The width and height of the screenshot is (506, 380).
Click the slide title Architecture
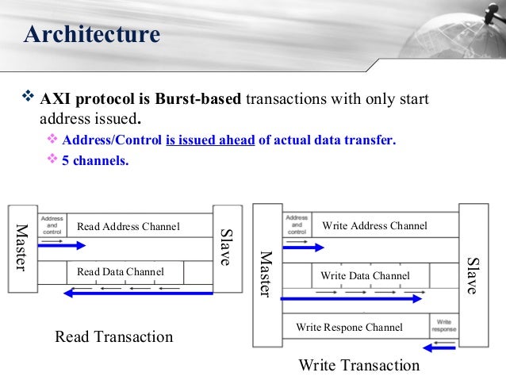pos(92,35)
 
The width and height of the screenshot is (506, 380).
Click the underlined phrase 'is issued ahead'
pos(209,140)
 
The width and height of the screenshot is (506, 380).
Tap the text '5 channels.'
pos(95,159)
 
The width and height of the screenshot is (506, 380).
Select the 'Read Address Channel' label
pos(128,228)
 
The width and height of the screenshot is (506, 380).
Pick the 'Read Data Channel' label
pos(120,272)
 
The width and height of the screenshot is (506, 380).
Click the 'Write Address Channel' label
pos(374,226)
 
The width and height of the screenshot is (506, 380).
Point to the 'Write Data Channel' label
pos(365,276)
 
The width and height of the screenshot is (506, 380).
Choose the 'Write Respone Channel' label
pos(349,327)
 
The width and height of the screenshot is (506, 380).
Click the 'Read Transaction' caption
pos(113,337)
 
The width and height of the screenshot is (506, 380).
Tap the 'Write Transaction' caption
pos(358,366)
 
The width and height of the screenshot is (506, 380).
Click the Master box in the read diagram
pos(21,248)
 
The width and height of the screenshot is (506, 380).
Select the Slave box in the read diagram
pos(225,248)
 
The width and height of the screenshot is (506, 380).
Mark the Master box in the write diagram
pos(266,274)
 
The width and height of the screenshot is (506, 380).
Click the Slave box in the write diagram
pos(473,274)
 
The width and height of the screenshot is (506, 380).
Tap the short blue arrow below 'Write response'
pos(440,346)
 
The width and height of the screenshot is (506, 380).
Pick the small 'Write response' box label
pos(443,325)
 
